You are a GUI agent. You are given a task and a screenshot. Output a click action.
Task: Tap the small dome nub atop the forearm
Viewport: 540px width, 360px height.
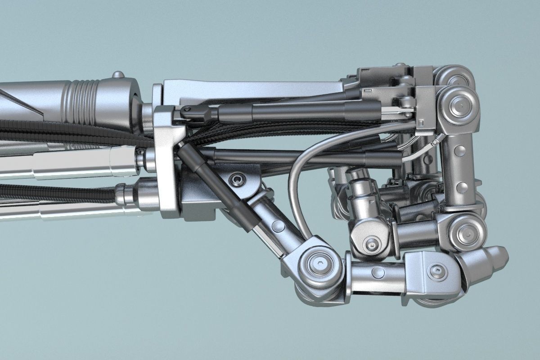point(118,75)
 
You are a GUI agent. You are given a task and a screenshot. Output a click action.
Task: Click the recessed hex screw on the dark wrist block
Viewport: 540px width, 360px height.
point(237,180)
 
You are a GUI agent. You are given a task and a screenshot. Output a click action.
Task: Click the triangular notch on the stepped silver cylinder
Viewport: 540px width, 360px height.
point(372,202)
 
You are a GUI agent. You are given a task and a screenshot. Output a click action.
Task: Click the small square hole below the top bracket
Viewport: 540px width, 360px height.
point(420,123)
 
